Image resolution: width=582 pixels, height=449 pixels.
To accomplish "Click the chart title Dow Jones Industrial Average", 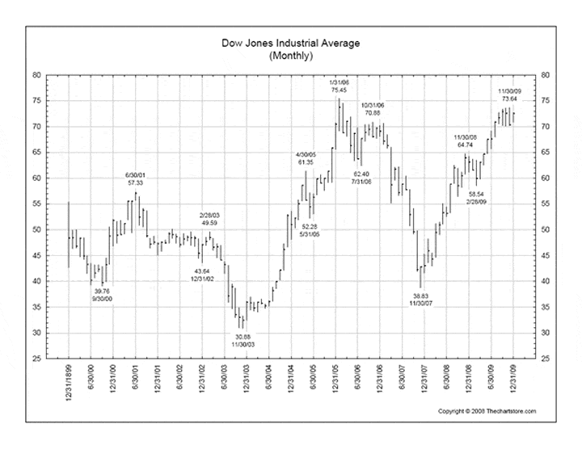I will click(x=290, y=44).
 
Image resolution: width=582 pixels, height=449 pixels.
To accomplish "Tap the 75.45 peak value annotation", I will click(x=338, y=90).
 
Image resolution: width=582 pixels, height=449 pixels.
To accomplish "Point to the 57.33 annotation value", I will click(x=135, y=183).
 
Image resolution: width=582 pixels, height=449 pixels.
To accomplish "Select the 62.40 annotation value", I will click(x=361, y=174).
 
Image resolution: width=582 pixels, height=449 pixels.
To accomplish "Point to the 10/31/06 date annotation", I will click(x=373, y=106).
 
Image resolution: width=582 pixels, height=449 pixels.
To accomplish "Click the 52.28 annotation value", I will click(x=310, y=226).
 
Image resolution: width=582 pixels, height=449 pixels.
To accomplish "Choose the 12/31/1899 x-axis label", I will click(x=69, y=383).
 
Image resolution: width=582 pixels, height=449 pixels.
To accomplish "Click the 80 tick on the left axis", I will click(x=36, y=74).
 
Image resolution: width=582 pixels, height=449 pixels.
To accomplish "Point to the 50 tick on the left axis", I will click(x=36, y=229).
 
